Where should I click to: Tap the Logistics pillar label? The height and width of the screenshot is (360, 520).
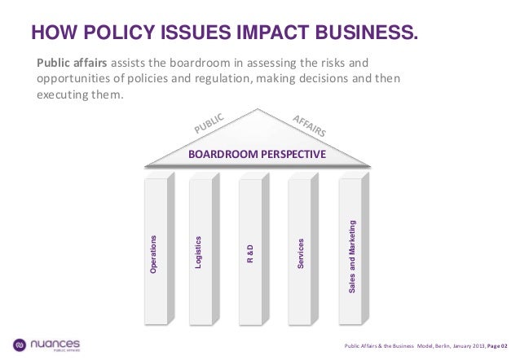click(198, 252)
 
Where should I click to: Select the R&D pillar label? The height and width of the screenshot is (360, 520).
click(253, 254)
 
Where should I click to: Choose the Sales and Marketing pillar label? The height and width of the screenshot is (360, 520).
click(352, 257)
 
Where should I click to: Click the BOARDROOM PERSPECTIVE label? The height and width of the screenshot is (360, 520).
click(257, 154)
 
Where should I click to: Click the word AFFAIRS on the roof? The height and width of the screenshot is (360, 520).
click(310, 124)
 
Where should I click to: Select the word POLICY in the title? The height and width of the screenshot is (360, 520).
click(113, 33)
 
